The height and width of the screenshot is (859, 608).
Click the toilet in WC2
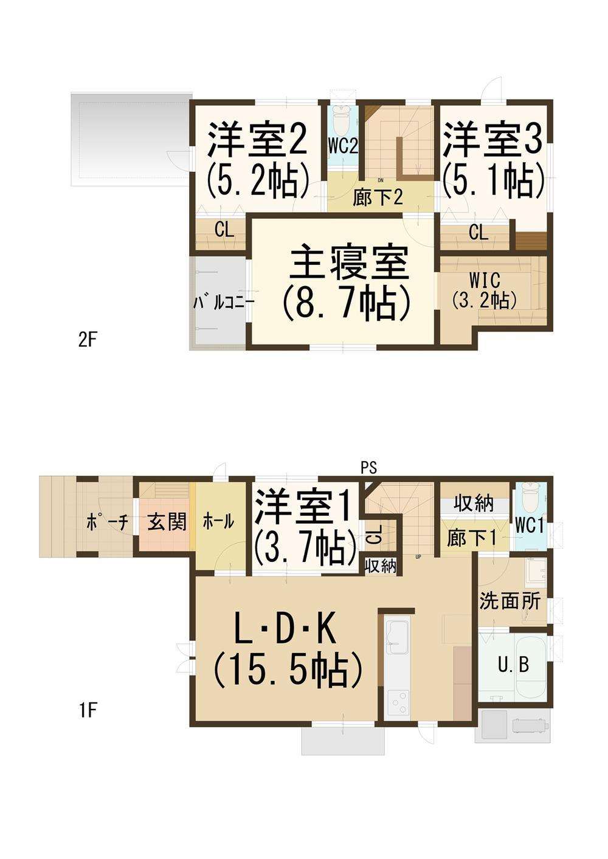click(342, 120)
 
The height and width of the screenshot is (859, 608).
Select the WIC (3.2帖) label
click(484, 292)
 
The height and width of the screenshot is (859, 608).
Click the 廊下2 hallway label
click(378, 199)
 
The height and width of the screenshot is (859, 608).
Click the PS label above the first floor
click(368, 467)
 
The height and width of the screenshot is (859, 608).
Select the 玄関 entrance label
click(167, 522)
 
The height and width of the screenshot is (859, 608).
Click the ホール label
click(218, 522)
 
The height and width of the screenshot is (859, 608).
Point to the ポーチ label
click(107, 522)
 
